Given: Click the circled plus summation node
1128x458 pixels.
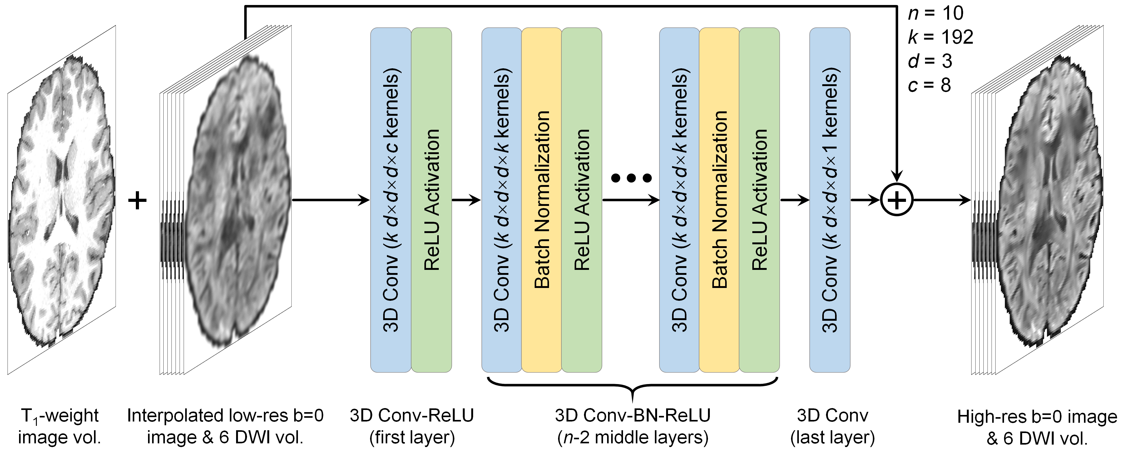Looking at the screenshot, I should click(x=896, y=200).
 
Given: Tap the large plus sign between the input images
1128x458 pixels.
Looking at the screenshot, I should click(x=137, y=200).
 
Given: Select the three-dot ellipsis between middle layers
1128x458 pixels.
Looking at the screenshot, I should click(x=631, y=178).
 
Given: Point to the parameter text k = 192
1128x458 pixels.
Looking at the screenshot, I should click(x=941, y=37).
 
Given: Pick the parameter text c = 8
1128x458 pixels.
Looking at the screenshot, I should click(x=929, y=85).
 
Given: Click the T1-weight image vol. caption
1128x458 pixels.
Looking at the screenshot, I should click(x=60, y=426).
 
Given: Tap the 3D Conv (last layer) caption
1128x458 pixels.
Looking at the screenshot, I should click(x=833, y=426).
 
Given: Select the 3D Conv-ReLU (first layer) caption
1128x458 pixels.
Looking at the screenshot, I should click(x=412, y=426).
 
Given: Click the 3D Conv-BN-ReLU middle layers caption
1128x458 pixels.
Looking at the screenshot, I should click(x=632, y=426).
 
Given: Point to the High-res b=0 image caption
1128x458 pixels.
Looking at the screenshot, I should click(x=1037, y=427).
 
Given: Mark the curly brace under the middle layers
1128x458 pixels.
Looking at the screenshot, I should click(x=632, y=387).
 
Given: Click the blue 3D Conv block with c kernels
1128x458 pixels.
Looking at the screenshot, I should click(x=391, y=200).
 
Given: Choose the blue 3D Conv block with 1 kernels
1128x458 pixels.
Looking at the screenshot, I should click(x=829, y=200).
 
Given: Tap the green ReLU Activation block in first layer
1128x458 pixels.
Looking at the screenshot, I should click(x=431, y=200).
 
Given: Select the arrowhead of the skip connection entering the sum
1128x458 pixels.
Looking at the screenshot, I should click(x=896, y=176).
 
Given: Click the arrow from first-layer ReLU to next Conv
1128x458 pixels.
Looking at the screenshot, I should click(x=466, y=200).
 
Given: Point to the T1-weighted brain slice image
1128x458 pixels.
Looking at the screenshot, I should click(x=61, y=200).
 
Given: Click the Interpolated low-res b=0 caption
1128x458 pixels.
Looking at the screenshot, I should click(x=225, y=426).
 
